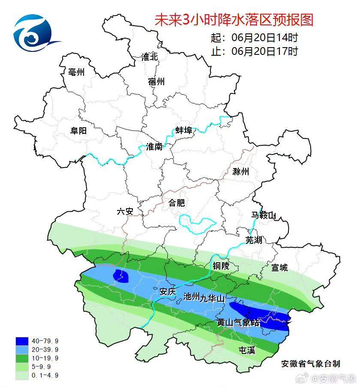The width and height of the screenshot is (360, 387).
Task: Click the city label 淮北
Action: (150, 57)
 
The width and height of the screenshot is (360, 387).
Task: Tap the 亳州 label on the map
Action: (76, 72)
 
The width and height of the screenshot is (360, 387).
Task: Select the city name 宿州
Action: (156, 81)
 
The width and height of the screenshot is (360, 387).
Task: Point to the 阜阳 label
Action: (78, 131)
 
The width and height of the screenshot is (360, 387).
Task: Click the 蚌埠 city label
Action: (184, 131)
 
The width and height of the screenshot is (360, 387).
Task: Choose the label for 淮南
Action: (154, 147)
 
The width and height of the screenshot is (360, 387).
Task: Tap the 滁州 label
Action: (240, 172)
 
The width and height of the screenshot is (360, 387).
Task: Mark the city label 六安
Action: (126, 211)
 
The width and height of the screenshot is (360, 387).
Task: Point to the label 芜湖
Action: (253, 240)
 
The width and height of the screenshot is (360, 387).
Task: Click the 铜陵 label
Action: (221, 266)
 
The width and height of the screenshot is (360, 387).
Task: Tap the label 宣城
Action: (279, 267)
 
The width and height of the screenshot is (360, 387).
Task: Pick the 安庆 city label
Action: (168, 292)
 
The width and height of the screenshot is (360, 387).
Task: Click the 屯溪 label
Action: (246, 351)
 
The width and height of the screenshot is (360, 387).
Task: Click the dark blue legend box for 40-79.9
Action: (22, 341)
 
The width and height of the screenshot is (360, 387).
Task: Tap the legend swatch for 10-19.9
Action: (22, 358)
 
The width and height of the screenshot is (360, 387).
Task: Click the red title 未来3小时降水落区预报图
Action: (234, 20)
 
